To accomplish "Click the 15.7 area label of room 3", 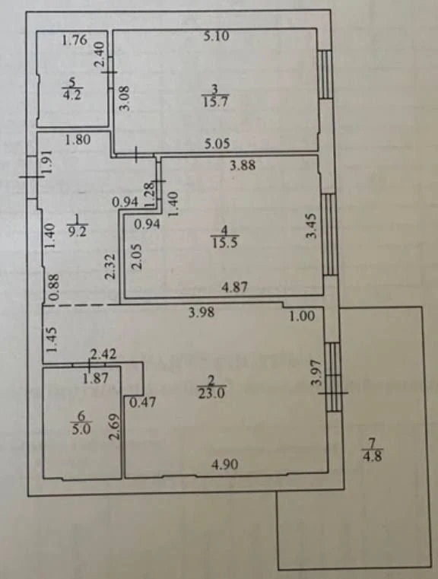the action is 215,101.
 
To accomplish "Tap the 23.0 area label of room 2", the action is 211,393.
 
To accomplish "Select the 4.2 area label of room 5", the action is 72,94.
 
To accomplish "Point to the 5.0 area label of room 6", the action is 81,429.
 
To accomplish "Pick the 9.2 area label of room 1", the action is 78,232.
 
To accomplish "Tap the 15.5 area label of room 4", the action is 224,243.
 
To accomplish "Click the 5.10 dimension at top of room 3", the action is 217,37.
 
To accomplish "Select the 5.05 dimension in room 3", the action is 217,143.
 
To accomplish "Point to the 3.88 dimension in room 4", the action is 243,165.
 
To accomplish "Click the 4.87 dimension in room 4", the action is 234,287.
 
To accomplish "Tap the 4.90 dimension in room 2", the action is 225,464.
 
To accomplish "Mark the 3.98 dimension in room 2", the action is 202,313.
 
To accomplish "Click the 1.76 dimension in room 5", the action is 75,40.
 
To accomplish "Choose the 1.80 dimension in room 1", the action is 78,140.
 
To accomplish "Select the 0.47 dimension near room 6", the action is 142,402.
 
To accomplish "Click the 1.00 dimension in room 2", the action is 302,316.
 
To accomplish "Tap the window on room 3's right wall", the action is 325,75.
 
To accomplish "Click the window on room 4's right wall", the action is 329,234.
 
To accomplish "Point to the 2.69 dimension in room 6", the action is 115,427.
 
